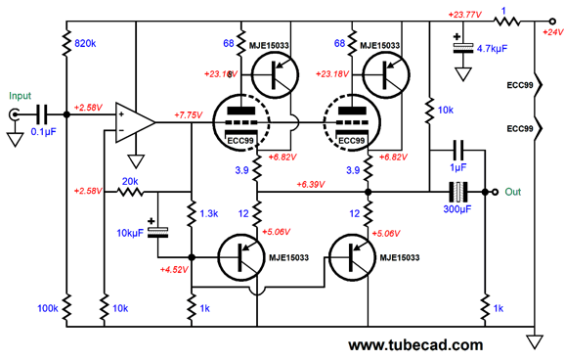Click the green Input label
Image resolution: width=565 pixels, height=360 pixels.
tap(20, 96)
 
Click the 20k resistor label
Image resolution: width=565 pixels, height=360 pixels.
tap(129, 183)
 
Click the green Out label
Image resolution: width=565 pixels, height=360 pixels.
tap(515, 192)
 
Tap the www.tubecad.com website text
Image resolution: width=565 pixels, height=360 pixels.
tap(414, 344)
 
